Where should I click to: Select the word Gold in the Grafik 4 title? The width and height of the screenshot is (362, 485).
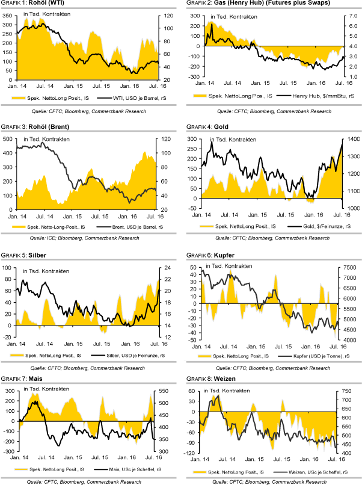pos(219,127)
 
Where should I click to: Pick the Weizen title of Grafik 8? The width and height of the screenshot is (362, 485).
pos(225,379)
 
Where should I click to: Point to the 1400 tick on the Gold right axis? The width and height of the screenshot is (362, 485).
pos(352,139)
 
